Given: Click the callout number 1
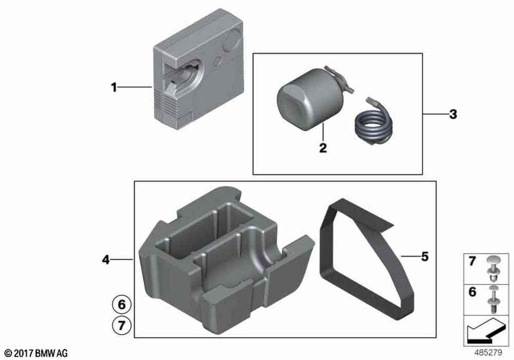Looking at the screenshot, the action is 114,87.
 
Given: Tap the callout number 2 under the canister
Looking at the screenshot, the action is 323,148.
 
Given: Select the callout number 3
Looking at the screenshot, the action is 453,114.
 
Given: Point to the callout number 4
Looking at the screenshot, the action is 105,260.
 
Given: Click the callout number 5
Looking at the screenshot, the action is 425,257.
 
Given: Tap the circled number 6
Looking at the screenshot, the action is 122,304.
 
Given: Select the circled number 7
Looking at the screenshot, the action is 122,326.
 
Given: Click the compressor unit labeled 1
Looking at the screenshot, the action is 198,69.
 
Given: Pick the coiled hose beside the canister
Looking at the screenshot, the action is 374,124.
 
